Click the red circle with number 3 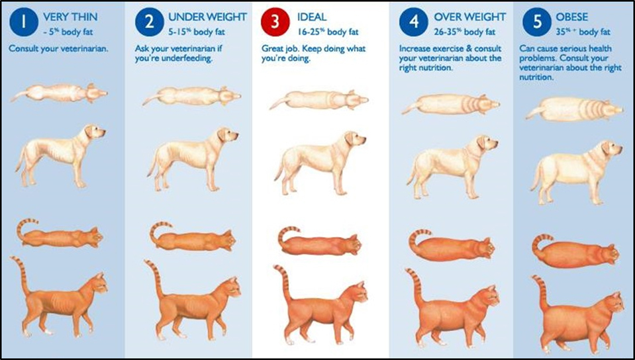[275, 22]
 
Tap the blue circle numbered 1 [24, 22]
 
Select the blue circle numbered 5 [537, 22]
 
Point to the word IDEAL [311, 17]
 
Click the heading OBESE [572, 17]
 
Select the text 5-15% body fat [197, 32]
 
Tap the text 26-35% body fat [464, 32]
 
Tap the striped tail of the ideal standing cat [283, 281]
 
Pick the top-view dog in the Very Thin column [59, 93]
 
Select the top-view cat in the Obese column [575, 250]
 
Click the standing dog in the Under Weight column [193, 159]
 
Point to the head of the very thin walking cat [98, 283]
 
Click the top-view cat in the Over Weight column [452, 245]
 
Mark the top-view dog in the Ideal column [319, 100]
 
